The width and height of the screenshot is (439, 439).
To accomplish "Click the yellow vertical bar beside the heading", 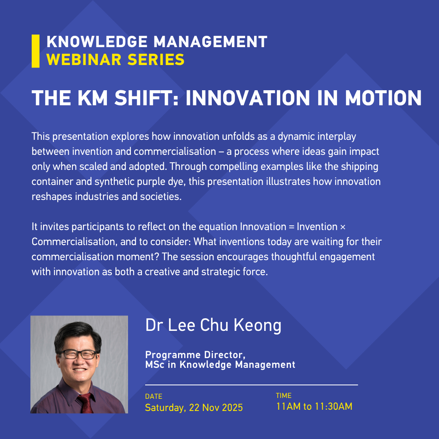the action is (x=35, y=51).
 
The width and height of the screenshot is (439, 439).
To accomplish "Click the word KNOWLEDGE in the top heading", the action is (x=97, y=42).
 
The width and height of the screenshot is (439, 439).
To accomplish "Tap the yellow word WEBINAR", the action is (x=84, y=60).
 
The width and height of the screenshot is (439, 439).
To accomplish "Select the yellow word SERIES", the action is (x=156, y=60).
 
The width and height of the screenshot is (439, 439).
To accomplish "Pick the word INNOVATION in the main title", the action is (x=248, y=98).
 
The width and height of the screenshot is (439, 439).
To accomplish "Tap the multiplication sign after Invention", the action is (x=343, y=227).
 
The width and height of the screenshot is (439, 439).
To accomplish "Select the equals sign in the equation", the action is (x=291, y=227).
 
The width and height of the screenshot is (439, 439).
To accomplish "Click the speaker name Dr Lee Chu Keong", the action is (x=213, y=325).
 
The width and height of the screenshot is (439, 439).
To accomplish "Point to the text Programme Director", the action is (x=196, y=355).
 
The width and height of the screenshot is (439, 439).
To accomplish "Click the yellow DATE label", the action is (x=154, y=396).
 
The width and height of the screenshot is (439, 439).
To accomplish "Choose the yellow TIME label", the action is (x=284, y=396).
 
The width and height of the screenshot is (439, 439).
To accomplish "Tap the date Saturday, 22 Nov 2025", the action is (x=194, y=408).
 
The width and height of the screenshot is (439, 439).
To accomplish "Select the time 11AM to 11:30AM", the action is (x=314, y=406).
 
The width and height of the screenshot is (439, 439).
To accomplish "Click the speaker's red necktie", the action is (x=86, y=404).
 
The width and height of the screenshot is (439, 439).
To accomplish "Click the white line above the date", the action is (x=252, y=385).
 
